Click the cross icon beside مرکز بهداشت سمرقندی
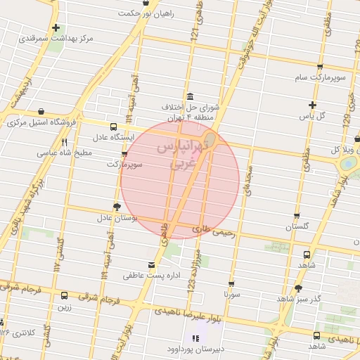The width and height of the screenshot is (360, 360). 56,28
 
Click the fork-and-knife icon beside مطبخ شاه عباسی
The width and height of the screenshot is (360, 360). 65,141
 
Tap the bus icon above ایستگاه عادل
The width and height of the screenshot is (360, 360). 114,127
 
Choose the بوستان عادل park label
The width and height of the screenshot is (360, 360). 116,218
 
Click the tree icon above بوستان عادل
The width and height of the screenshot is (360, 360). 117,207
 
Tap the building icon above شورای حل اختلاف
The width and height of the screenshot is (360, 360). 190,97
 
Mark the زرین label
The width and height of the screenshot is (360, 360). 65,307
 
